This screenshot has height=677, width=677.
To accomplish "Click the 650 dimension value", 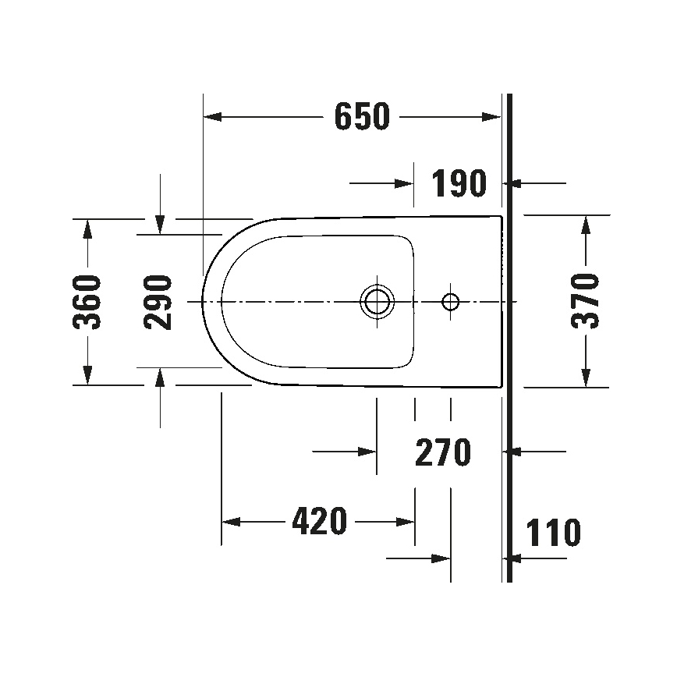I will [361, 117].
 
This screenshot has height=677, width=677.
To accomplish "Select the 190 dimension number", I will [459, 184].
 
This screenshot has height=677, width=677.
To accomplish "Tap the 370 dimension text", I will [585, 300].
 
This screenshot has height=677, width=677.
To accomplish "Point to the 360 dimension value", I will [88, 302].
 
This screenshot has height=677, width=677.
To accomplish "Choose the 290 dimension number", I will [159, 302].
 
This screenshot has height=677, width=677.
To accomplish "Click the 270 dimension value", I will [442, 452].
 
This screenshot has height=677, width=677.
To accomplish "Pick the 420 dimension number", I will [318, 521].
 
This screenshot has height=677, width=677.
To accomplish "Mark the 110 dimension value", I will [553, 533].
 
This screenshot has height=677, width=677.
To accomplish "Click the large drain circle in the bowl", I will [377, 301].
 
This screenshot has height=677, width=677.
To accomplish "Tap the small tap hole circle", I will [451, 301].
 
